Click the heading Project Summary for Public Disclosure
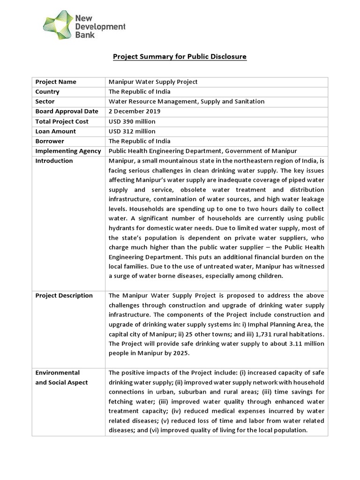180,57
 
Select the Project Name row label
55,82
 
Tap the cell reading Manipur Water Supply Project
153,82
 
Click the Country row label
47,91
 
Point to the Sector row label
45,101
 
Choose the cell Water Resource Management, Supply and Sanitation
187,101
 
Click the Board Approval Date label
67,111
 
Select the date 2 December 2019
135,111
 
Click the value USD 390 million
132,121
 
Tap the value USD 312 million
132,131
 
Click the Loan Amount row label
55,131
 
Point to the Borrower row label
50,141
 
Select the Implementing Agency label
68,151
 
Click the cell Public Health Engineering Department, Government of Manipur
202,151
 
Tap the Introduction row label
54,161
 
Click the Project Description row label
64,295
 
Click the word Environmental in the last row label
57,373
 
